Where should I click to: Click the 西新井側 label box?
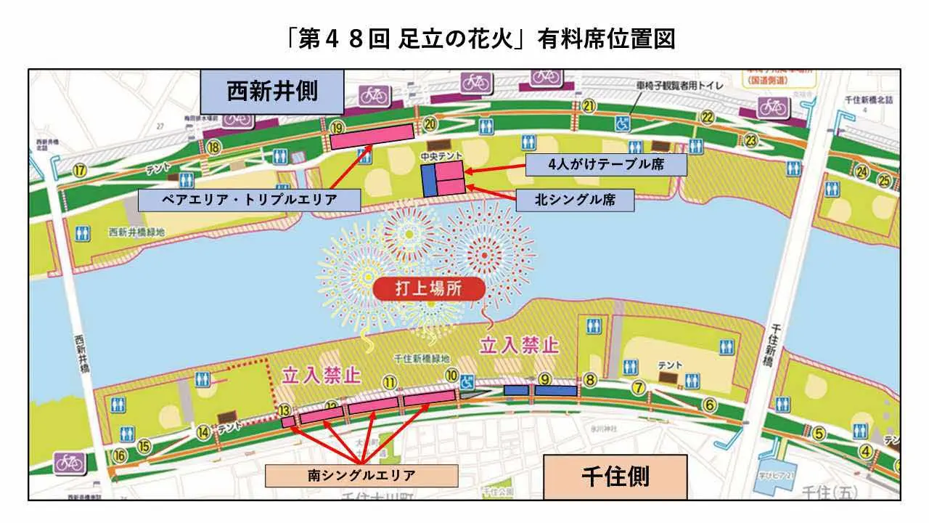tap(271, 92)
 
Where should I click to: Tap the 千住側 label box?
tap(615, 476)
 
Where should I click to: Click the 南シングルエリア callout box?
tap(361, 476)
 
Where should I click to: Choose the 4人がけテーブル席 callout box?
tap(605, 164)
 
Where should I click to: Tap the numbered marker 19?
tap(336, 127)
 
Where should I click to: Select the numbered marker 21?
tap(589, 107)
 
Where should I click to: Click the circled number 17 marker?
tap(80, 171)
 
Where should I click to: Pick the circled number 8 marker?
tap(591, 379)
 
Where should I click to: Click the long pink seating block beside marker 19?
tap(371, 136)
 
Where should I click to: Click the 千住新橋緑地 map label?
tap(421, 359)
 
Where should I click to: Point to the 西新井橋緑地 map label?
tap(135, 233)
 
